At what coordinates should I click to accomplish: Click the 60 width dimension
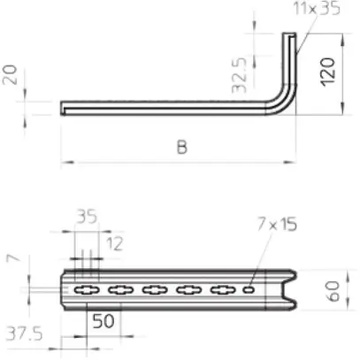(333, 290)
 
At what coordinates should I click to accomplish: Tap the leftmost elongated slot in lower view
(87, 289)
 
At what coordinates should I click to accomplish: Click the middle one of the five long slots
(154, 289)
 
